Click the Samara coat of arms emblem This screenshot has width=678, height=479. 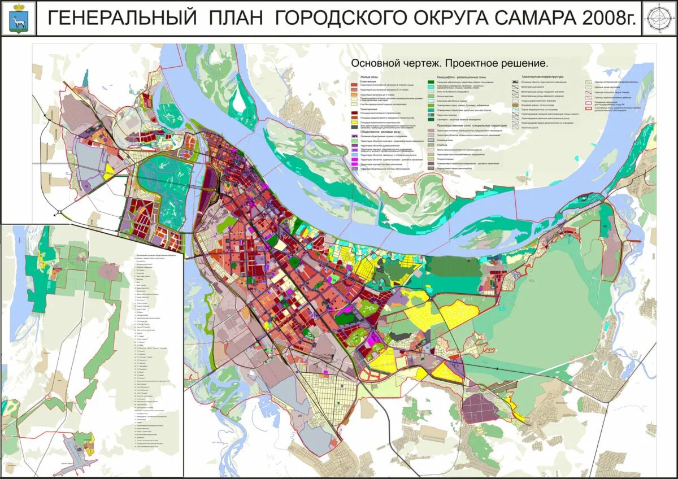tap(18, 18)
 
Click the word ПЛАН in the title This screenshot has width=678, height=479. tap(236, 18)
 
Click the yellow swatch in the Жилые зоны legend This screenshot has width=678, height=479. tap(354, 122)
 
